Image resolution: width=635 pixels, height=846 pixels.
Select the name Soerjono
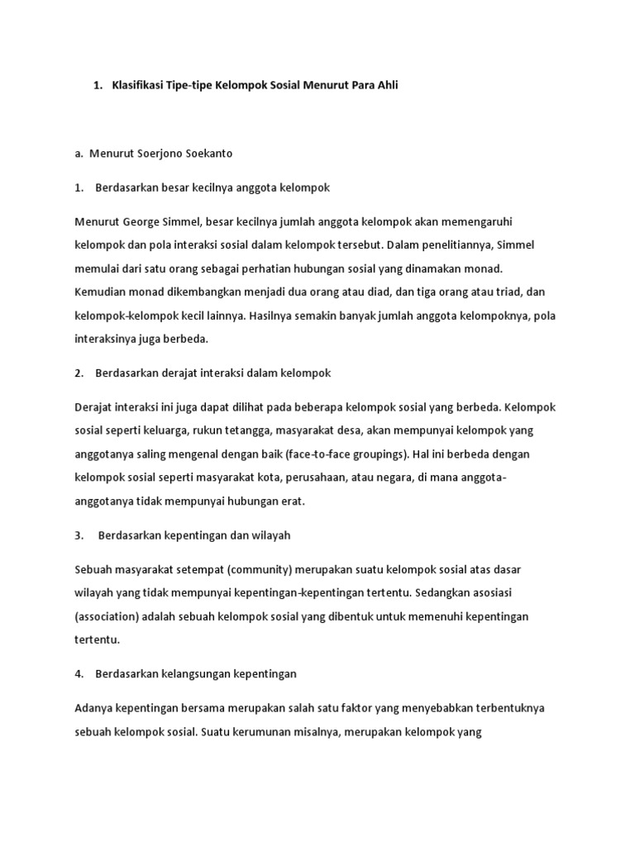point(159,154)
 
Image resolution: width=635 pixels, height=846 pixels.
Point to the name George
point(141,222)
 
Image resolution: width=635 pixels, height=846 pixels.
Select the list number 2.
point(79,373)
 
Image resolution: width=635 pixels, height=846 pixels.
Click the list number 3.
point(79,535)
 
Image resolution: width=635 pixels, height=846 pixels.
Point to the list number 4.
point(79,674)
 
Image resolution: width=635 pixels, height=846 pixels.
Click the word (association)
point(108,616)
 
